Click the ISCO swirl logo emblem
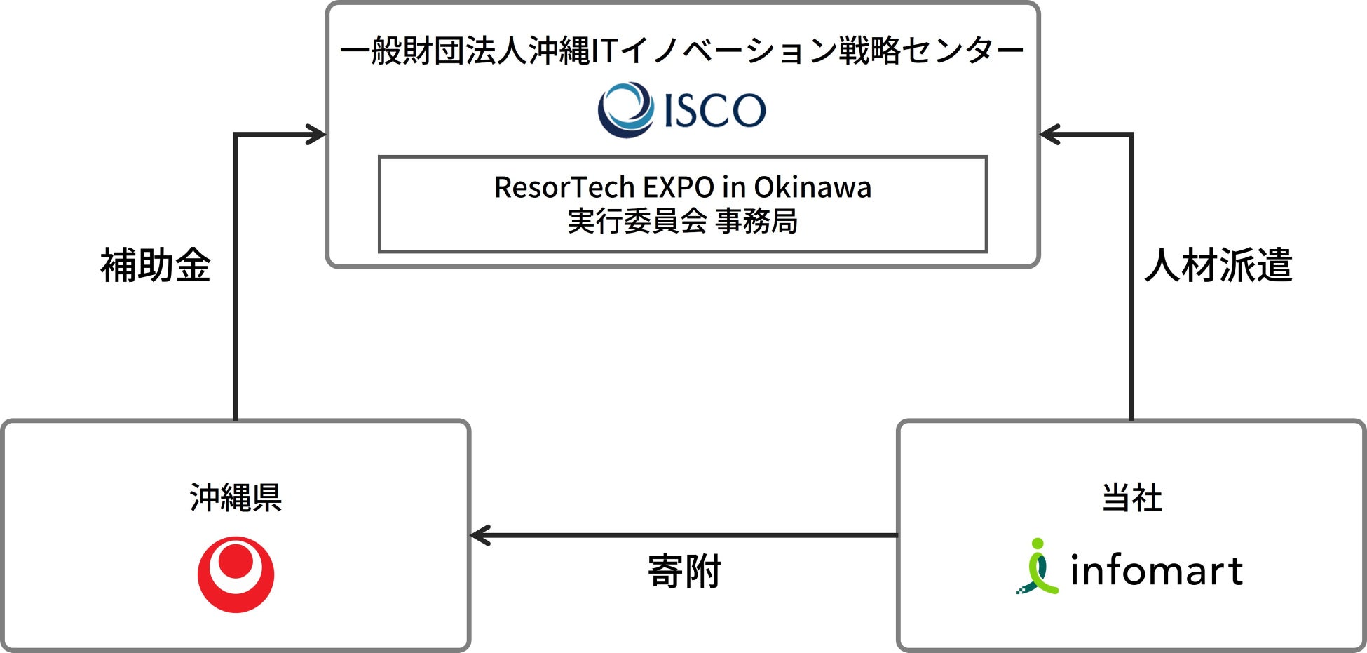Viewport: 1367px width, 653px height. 625,110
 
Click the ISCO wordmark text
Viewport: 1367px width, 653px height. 714,111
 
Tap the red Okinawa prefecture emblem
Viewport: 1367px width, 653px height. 236,574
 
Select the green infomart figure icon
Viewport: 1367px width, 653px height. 1038,567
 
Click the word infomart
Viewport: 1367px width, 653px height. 1156,571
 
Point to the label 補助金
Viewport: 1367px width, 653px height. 156,266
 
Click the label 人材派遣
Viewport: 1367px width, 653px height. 1218,266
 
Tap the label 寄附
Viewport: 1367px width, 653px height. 684,572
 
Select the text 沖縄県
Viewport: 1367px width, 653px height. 236,498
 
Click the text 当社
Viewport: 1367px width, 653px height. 1131,498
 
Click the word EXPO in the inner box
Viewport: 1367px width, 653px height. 679,187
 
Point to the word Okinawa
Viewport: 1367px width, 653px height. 812,187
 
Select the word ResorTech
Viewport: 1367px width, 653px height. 564,187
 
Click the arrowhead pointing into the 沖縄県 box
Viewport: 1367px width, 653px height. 480,536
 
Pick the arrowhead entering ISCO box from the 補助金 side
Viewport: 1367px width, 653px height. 317,135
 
